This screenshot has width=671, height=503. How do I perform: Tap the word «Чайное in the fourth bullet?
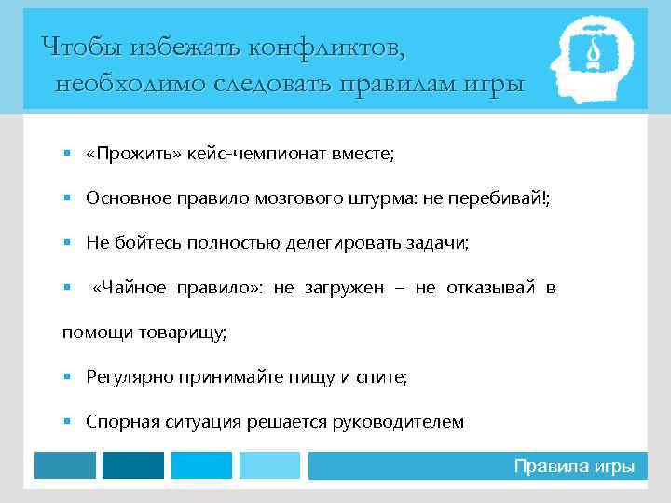click(129, 288)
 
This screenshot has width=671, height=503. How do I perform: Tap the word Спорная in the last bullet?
click(116, 422)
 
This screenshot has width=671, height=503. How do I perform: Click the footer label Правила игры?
click(574, 467)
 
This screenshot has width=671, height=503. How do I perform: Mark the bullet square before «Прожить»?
click(68, 154)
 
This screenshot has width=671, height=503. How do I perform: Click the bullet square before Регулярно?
click(68, 377)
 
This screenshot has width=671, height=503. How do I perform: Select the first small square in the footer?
click(64, 466)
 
